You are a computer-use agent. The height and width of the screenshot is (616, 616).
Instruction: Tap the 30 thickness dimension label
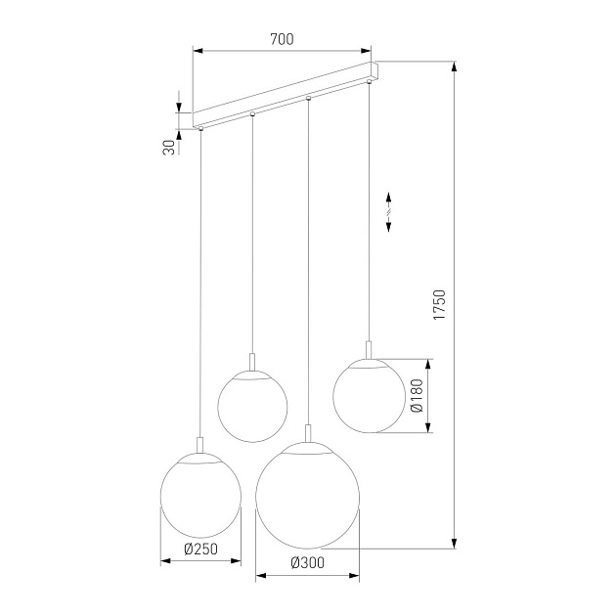169,147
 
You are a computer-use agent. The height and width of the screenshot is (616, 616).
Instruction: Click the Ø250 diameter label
200,549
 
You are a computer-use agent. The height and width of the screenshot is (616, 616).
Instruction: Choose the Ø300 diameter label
307,562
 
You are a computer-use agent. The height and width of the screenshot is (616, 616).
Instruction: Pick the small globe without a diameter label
252,405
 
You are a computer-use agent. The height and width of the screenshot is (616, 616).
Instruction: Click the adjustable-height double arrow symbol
388,210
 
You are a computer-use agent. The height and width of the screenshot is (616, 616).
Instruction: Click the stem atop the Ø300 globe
308,433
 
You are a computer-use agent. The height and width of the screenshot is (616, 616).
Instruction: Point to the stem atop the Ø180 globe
369,349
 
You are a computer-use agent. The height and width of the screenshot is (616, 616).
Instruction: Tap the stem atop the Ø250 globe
200,446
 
